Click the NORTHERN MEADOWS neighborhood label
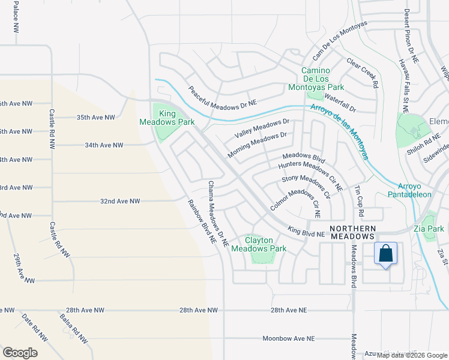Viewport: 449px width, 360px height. pyautogui.click(x=353, y=232)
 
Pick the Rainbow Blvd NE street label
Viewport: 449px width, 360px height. pyautogui.click(x=202, y=221)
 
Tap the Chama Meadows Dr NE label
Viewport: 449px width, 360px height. pyautogui.click(x=218, y=214)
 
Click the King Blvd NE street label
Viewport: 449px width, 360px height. pyautogui.click(x=306, y=232)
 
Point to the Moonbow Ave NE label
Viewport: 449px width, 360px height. pyautogui.click(x=288, y=339)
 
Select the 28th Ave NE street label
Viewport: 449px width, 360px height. pyautogui.click(x=288, y=310)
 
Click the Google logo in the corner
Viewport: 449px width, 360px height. pyautogui.click(x=20, y=352)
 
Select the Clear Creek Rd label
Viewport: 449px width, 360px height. pyautogui.click(x=363, y=73)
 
